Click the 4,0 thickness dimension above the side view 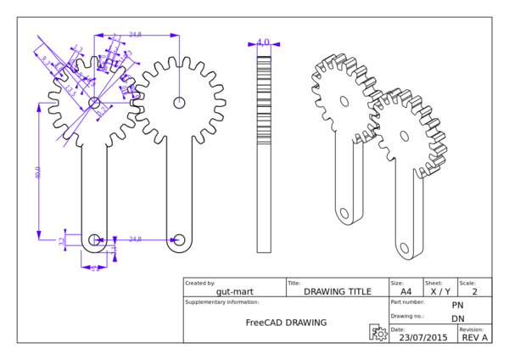(263, 42)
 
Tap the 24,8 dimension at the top (136, 35)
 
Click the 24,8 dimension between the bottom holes (136, 239)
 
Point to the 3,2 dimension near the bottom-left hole (62, 241)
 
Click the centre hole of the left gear (93, 103)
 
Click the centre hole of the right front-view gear (180, 103)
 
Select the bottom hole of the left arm (94, 239)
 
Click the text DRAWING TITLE (338, 291)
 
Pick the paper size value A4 (406, 291)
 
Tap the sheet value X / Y (439, 291)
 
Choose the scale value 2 (474, 291)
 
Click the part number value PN (457, 305)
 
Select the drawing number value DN (457, 318)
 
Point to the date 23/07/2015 (423, 337)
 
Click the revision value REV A (474, 337)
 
